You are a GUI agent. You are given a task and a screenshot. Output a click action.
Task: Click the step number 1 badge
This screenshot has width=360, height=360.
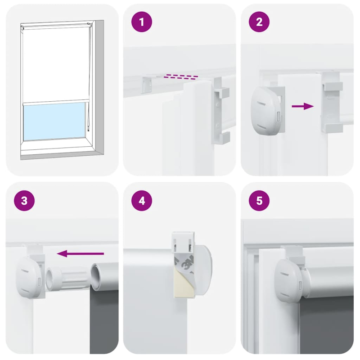(142, 23)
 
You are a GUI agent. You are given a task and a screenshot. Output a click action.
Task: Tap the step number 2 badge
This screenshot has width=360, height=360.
(259, 23)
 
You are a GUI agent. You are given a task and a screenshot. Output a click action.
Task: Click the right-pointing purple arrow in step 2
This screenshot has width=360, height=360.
(302, 106)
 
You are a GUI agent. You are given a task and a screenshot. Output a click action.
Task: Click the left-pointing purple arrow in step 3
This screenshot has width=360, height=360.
(81, 254)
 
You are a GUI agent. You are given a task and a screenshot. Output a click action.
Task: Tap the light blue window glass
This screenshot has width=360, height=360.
(54, 120)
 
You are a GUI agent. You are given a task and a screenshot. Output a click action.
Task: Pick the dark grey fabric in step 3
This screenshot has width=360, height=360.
(104, 324)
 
